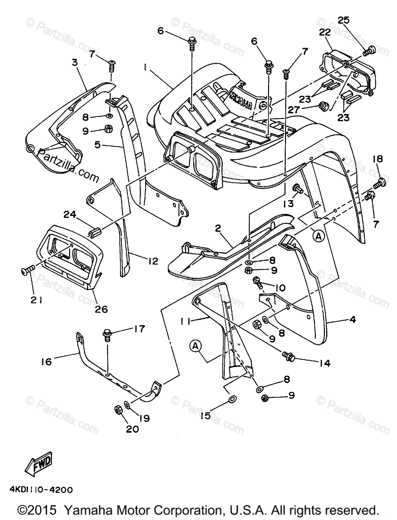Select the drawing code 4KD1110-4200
pos(41,490)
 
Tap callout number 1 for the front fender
pos(146,68)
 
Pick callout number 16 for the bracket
pos(46,361)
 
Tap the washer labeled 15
pos(232,399)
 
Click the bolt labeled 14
pos(288,357)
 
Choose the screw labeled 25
pos(368,51)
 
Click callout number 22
pos(325,32)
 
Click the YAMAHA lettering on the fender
pos(242,98)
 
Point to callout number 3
pos(75,62)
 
